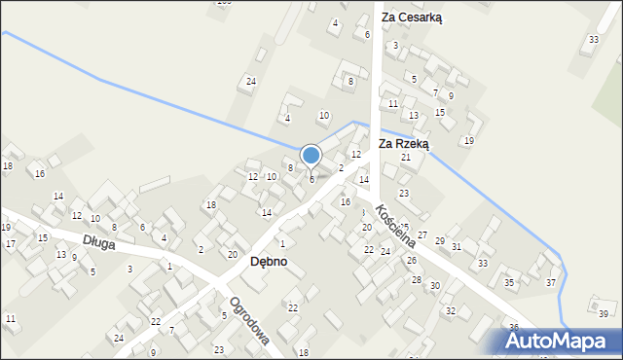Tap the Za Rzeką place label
(404, 143)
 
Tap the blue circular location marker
(311, 156)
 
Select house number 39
(603, 313)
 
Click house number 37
(551, 282)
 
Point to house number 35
(508, 282)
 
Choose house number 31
(457, 246)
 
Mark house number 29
(439, 240)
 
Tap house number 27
(422, 234)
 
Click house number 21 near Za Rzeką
(406, 157)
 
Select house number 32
(450, 310)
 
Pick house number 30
(434, 286)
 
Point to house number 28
(416, 279)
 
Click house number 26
(411, 260)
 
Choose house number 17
(10, 243)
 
